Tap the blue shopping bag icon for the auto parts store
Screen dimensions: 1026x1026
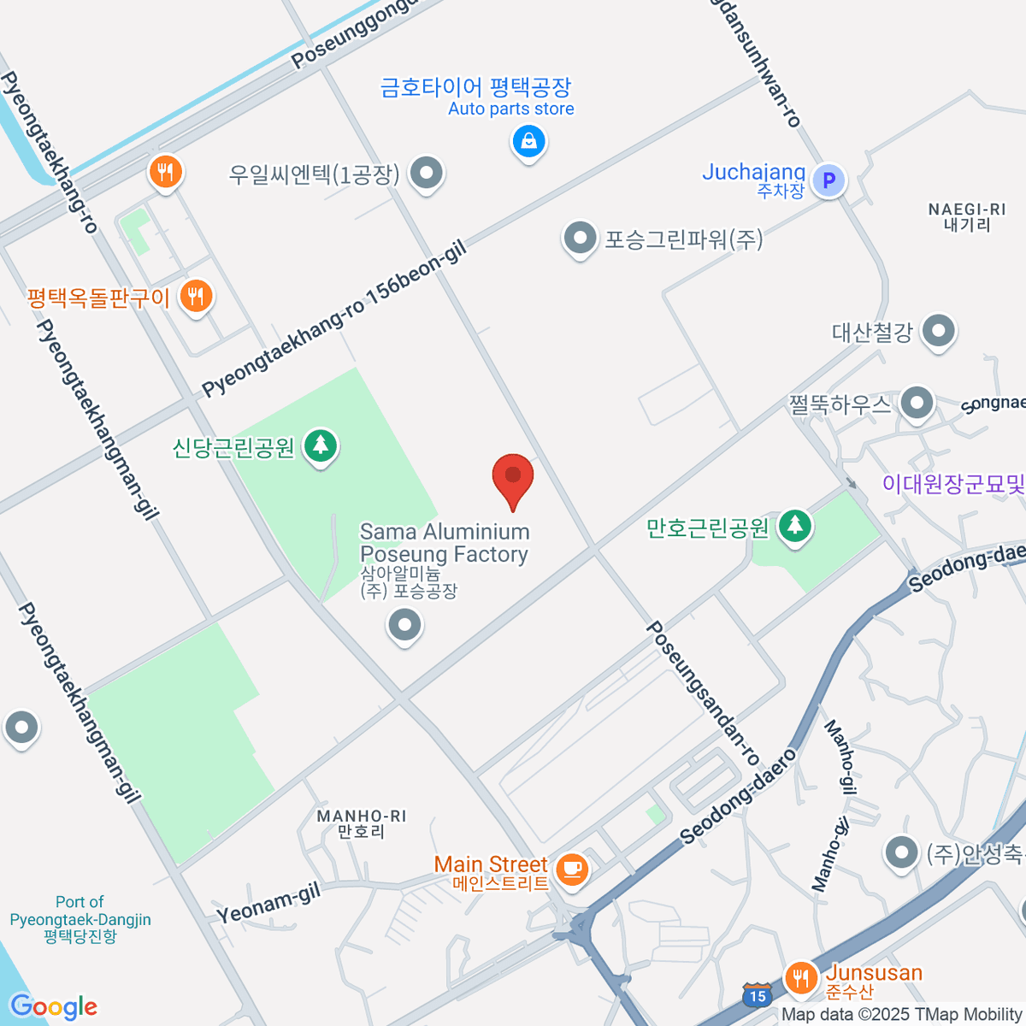(529, 140)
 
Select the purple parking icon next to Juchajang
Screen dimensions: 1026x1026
(828, 180)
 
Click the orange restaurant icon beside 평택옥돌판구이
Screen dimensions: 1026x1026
(197, 297)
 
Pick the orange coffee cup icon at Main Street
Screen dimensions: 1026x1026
(570, 870)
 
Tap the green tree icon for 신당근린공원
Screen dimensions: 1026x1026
(321, 445)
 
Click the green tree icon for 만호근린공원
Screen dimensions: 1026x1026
(795, 525)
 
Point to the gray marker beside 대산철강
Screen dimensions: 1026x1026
(939, 330)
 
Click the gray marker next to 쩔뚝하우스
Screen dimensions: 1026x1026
(917, 403)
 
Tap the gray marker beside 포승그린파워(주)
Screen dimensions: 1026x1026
(580, 238)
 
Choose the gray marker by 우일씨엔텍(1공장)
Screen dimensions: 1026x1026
(425, 173)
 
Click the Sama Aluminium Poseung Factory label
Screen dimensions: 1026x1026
(445, 543)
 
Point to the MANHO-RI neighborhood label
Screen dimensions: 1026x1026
(361, 823)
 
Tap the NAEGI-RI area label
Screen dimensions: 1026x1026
(967, 217)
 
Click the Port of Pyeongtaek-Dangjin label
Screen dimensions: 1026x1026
(80, 918)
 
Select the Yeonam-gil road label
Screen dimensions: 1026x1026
(268, 904)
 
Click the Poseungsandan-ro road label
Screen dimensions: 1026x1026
(703, 693)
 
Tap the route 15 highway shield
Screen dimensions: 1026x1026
(756, 995)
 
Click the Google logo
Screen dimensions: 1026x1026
(53, 1007)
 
